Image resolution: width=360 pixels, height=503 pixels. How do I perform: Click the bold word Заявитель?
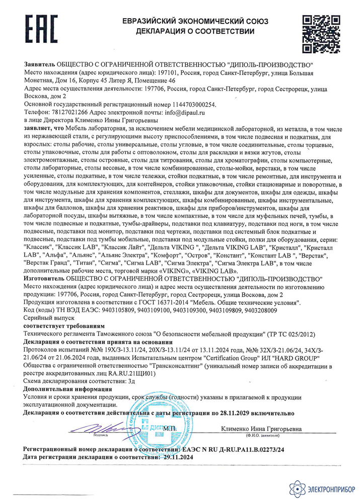pyautogui.click(x=40, y=65)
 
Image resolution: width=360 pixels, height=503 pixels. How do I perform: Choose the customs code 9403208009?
pyautogui.click(x=259, y=310)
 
